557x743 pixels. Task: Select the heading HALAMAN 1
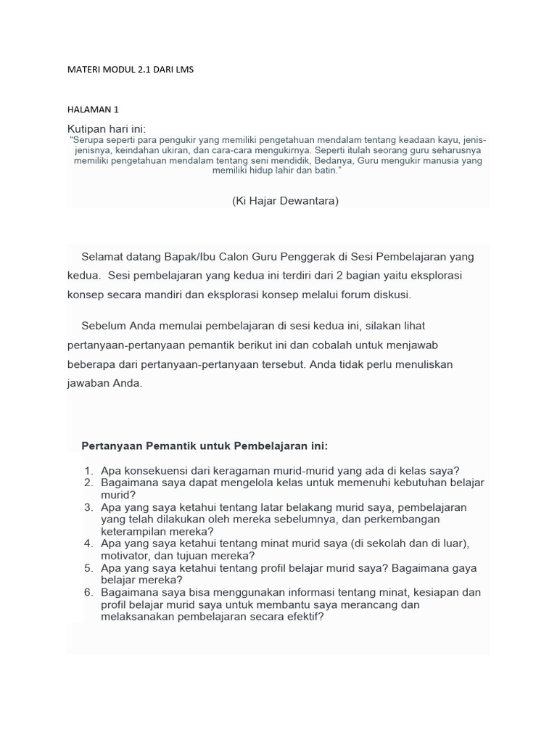coord(93,110)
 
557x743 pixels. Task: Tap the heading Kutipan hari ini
coord(107,128)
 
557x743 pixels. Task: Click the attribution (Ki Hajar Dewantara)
coord(286,201)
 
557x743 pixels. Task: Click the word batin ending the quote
coord(326,171)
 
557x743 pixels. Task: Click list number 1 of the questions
coord(88,470)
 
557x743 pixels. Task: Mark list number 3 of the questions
coord(88,507)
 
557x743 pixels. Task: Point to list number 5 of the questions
coord(88,568)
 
